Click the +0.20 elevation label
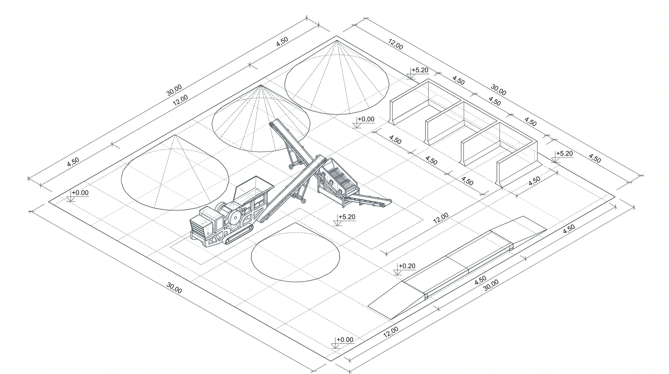[x=407, y=266]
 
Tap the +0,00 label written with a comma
[x=366, y=119]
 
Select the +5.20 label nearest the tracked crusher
[x=347, y=217]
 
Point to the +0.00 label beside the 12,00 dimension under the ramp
[x=345, y=340]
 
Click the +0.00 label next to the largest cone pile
[x=80, y=193]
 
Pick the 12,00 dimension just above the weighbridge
[x=441, y=218]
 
